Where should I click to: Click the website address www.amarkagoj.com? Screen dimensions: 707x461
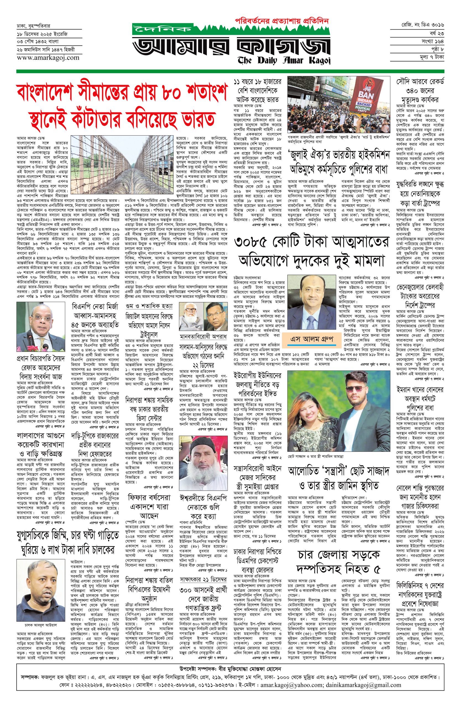tap(44, 58)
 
